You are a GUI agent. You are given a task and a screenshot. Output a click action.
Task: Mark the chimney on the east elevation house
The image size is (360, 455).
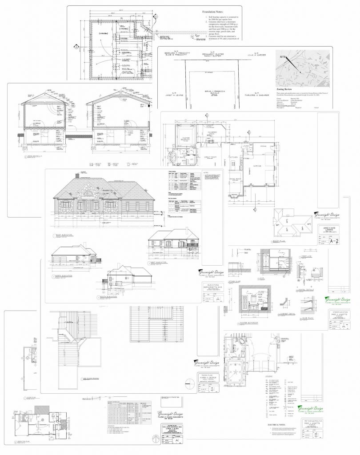pos(78,176)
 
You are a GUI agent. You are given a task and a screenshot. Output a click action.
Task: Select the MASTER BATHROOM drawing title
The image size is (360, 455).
pos(252,323)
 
